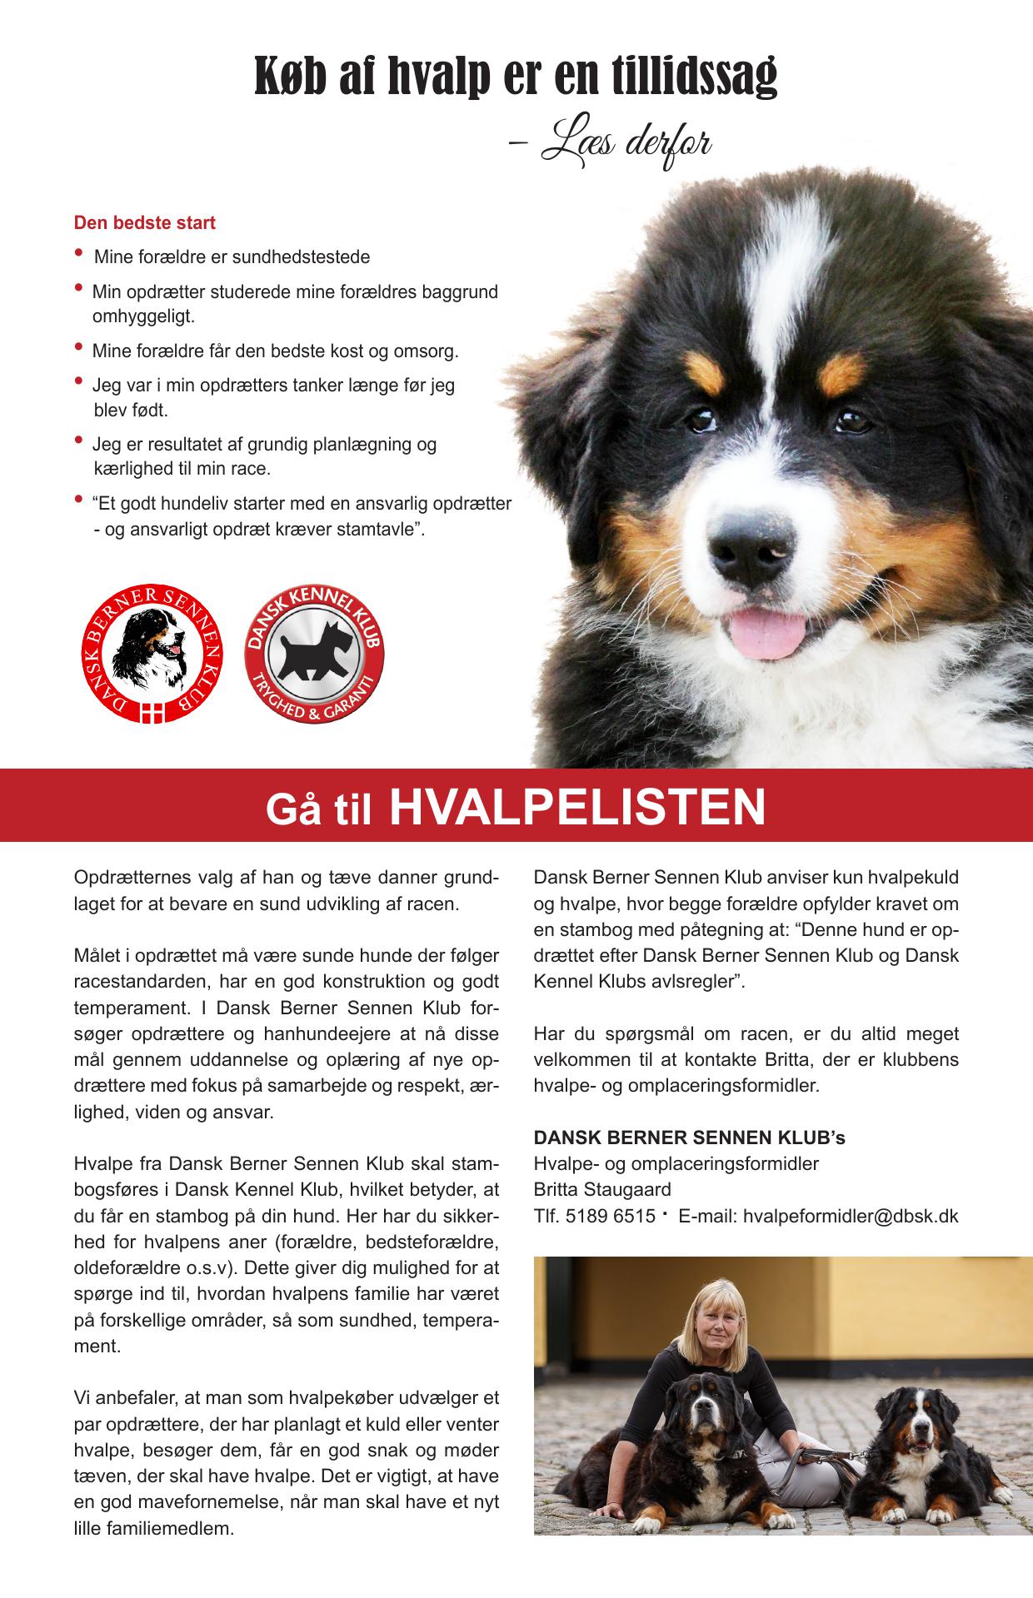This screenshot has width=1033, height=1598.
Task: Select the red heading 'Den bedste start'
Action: point(145,223)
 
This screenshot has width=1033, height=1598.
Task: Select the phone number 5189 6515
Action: point(610,1216)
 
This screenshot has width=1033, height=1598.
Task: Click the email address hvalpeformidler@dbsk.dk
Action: point(851,1216)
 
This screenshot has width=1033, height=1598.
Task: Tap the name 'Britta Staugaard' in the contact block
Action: point(602,1189)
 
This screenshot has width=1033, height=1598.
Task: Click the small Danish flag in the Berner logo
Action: point(152,713)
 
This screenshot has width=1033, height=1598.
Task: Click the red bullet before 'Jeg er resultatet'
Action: point(78,440)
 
